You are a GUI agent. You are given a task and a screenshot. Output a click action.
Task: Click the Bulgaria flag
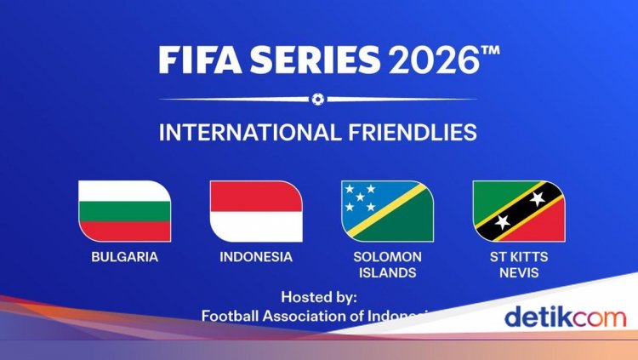124,211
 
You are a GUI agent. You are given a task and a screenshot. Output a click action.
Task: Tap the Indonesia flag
256,211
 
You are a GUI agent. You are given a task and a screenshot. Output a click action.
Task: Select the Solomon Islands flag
387,211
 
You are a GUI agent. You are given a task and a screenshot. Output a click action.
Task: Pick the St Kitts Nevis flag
519,211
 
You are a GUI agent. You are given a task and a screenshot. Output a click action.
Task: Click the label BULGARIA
124,256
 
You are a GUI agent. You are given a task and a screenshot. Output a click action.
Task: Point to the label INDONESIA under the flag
256,256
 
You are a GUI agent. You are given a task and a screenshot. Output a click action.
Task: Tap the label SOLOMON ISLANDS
387,265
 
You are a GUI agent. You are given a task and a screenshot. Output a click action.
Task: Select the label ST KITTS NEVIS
519,265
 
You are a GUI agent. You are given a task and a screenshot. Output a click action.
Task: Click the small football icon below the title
318,99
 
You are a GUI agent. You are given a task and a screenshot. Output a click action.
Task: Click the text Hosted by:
319,298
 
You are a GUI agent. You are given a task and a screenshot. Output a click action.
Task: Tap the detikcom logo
565,317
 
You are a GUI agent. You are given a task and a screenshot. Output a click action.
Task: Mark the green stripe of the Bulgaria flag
124,231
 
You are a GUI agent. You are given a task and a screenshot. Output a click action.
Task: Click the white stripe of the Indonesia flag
256,226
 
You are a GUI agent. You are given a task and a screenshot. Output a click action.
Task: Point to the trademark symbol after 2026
490,52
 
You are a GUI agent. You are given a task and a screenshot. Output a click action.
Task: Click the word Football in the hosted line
230,316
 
